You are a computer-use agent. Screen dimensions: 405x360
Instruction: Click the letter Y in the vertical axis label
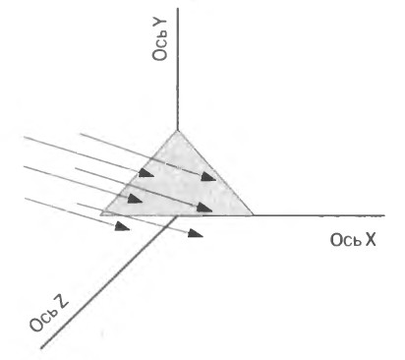point(160,24)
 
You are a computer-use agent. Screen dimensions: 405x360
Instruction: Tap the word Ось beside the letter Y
point(160,47)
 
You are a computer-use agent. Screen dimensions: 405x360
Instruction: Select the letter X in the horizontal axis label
point(371,240)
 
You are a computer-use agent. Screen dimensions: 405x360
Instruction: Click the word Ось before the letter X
point(345,240)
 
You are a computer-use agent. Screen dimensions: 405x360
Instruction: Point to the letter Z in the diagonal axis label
point(61,301)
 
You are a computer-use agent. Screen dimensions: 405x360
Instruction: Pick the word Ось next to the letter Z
point(42,320)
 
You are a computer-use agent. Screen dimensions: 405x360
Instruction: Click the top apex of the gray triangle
point(178,131)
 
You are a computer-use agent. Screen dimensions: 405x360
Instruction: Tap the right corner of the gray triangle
point(254,215)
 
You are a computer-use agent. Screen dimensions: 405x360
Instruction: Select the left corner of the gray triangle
point(100,214)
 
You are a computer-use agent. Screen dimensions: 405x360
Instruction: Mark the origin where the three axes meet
point(178,215)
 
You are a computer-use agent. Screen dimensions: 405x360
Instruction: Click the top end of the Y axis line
point(178,9)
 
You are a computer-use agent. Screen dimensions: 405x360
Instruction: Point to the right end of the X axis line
point(384,215)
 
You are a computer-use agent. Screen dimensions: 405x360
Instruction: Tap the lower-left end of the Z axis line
point(41,347)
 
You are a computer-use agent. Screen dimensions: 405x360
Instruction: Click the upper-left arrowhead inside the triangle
point(146,173)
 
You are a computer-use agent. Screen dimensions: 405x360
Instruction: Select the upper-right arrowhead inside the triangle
point(208,177)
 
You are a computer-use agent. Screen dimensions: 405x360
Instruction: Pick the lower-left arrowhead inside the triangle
point(135,199)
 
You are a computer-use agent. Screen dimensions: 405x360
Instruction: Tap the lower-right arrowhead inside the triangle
point(204,208)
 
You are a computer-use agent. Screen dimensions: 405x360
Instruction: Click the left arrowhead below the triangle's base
point(123,226)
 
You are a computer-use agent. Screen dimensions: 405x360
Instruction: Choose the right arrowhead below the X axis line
point(196,233)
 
